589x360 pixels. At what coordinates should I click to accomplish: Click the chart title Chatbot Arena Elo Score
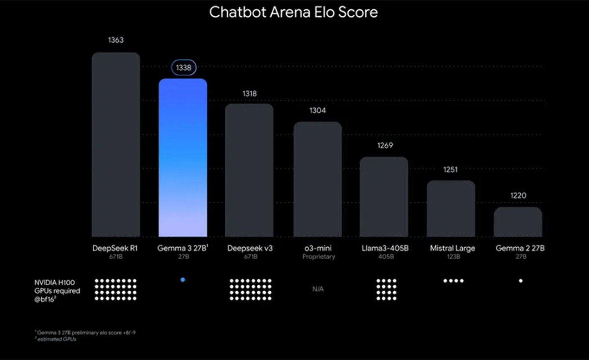tap(293, 12)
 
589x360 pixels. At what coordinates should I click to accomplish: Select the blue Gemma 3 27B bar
tap(183, 157)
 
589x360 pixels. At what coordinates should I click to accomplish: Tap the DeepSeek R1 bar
tap(116, 145)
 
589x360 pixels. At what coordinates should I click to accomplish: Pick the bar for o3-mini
tap(318, 179)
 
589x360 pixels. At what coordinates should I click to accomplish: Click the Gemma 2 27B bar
tap(518, 222)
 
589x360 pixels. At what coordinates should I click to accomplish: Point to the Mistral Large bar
tap(451, 209)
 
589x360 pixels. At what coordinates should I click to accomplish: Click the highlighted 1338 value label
tap(183, 67)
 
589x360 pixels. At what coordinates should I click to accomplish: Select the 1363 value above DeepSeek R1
tap(116, 40)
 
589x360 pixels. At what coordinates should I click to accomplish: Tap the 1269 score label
tap(385, 145)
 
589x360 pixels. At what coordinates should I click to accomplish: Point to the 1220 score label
tap(518, 195)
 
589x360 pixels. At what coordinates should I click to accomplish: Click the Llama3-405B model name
tap(385, 249)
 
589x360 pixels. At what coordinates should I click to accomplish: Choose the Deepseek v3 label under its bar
tap(250, 249)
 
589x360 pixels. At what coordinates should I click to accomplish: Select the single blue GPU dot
tap(183, 279)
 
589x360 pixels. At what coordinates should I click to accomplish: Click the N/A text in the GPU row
tap(318, 289)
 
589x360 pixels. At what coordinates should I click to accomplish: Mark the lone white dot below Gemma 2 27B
tap(520, 281)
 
